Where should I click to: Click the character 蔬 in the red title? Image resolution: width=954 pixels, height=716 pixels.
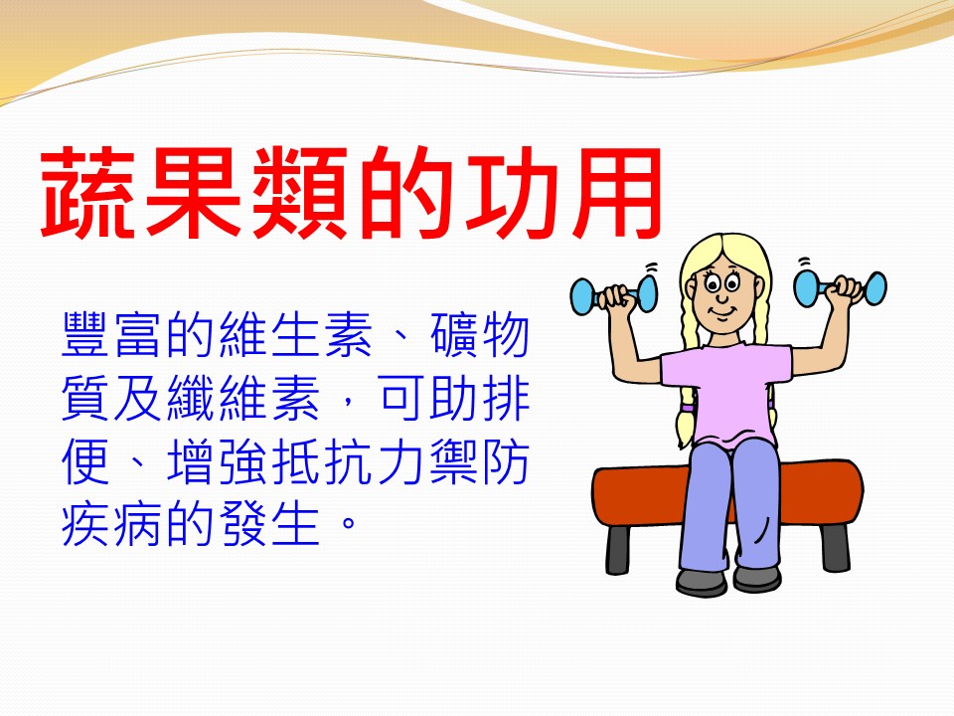tap(88, 192)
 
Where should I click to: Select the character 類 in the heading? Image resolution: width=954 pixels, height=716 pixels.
tap(299, 192)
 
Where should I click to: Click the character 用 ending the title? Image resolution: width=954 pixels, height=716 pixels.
tap(614, 192)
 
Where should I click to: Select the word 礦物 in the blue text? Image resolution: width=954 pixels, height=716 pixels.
tap(479, 334)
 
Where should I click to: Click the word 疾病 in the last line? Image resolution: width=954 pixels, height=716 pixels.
tap(112, 525)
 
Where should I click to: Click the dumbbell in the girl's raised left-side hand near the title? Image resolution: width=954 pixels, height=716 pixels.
tap(613, 294)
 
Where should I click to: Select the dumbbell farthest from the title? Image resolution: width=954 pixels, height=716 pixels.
tap(841, 287)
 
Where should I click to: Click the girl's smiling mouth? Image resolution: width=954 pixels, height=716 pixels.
tap(722, 313)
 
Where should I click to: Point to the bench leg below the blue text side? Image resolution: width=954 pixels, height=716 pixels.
tap(618, 549)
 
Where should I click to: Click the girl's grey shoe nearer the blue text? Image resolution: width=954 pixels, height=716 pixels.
tap(701, 582)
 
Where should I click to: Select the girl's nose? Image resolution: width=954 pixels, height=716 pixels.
tap(721, 297)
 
